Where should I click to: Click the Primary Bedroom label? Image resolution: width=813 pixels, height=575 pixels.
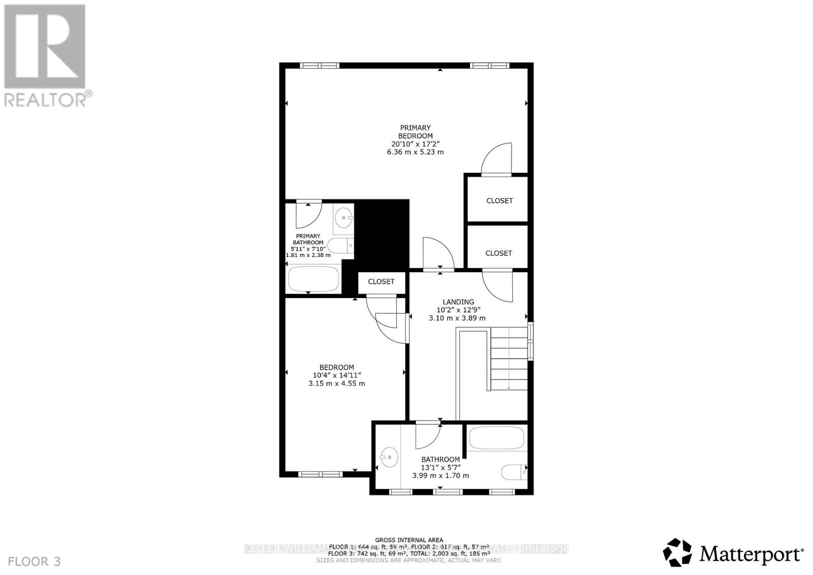coord(415,132)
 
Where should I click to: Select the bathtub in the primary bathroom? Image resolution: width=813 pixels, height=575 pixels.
coord(314,278)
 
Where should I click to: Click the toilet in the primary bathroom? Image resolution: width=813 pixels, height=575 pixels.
coord(340,246)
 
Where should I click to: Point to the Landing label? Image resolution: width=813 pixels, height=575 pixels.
coord(458,302)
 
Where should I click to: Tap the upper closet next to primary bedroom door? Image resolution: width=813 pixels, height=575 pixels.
coord(499,201)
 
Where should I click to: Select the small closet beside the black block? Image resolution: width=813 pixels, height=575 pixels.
coord(381,281)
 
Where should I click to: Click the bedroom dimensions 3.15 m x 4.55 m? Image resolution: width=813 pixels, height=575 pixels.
coord(336,384)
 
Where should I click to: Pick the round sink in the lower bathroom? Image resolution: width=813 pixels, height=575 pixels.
coord(389,457)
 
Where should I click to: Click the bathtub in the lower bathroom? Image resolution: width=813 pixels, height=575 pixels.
coord(496,437)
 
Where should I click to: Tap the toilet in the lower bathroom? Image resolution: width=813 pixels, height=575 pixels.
coord(514,472)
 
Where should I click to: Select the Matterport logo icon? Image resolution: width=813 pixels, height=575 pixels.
coord(677,552)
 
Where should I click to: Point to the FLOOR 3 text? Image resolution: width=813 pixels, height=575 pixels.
coord(35,561)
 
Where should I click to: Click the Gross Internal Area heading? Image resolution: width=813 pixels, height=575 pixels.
coord(409,540)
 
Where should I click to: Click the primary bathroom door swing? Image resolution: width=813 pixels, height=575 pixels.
coord(308,215)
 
